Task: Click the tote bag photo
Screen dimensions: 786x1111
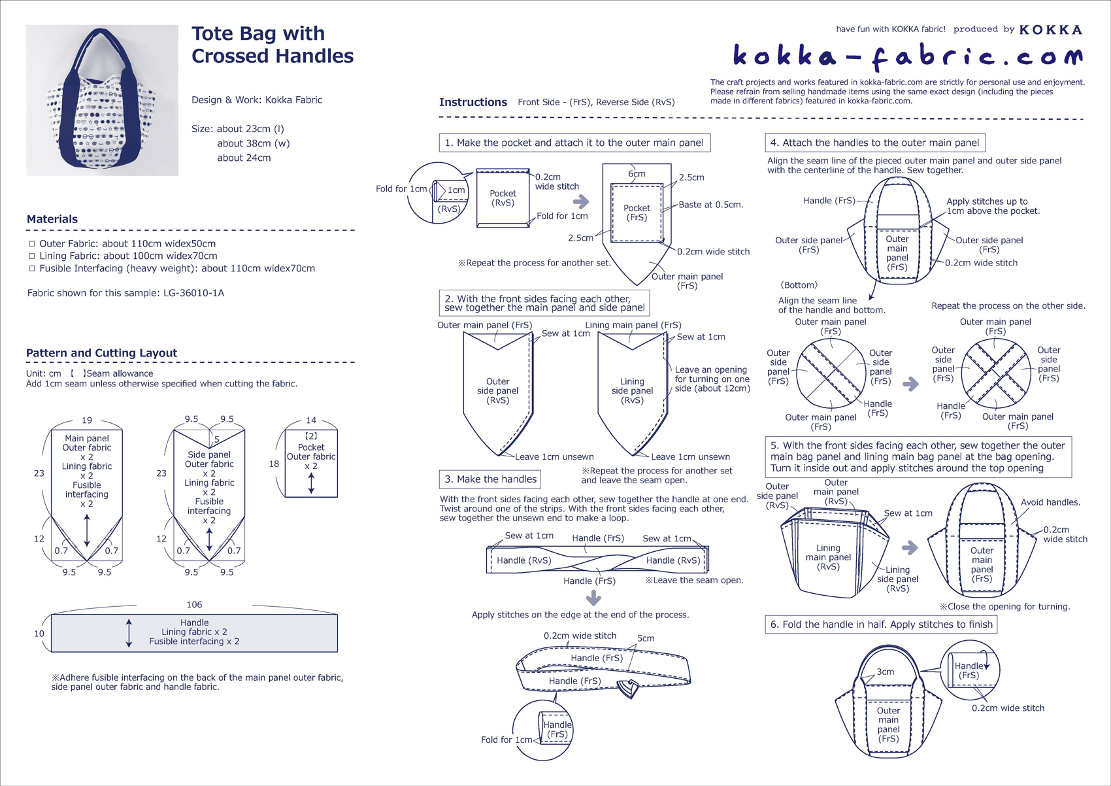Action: (102, 100)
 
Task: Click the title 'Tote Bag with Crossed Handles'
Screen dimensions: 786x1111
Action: (272, 44)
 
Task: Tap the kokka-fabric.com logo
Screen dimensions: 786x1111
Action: (907, 56)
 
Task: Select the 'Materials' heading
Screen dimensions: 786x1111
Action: (52, 219)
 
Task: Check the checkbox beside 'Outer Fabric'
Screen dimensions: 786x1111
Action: (32, 244)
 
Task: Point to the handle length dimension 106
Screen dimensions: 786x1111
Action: (194, 605)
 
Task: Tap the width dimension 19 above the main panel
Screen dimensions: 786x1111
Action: (87, 420)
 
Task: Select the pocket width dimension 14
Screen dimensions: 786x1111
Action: (311, 420)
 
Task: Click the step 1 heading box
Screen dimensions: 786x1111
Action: (574, 143)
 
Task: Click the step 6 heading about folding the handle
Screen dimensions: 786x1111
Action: (881, 624)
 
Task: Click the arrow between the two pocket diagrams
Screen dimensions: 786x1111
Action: (580, 202)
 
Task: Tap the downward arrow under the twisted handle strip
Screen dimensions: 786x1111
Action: (593, 598)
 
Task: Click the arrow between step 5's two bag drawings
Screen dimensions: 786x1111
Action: (910, 548)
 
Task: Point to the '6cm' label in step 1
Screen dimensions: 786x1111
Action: (637, 174)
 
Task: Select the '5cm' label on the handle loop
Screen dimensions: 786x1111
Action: (646, 638)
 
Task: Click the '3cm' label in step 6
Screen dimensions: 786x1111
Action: (886, 672)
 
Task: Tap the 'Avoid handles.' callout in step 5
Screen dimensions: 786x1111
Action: (1050, 502)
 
